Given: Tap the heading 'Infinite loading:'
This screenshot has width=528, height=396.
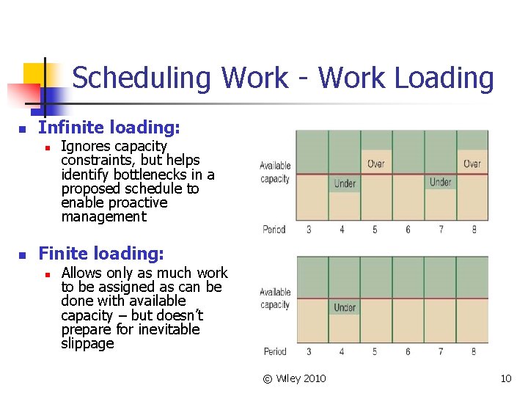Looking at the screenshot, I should (109, 128).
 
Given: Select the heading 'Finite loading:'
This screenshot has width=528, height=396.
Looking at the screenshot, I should (101, 254).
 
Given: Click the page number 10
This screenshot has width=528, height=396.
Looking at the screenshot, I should (505, 378).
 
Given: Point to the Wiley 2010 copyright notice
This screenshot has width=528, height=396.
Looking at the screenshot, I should (295, 378).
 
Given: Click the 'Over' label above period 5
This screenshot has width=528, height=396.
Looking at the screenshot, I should (375, 164).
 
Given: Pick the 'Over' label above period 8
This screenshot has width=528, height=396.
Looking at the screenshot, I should (472, 164).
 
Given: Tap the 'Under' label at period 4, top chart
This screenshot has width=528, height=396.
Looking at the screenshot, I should (345, 183).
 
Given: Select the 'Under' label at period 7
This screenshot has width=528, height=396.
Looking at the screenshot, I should (440, 182).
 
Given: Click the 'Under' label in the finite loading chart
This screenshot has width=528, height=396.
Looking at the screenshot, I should (345, 307).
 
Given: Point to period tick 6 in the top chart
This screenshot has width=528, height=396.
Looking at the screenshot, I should (408, 230).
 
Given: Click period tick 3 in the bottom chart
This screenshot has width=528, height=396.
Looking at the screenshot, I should (309, 352).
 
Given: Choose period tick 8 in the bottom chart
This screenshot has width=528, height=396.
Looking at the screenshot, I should (474, 352).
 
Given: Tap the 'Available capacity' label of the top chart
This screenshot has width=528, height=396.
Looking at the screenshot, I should (275, 172).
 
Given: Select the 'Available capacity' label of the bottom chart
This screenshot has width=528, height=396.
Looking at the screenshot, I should (275, 298).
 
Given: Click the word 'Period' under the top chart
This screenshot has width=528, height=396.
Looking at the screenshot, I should (274, 230).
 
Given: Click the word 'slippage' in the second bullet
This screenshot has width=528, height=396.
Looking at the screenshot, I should (88, 343).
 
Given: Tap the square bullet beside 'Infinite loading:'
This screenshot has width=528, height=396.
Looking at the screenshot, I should (22, 130).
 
